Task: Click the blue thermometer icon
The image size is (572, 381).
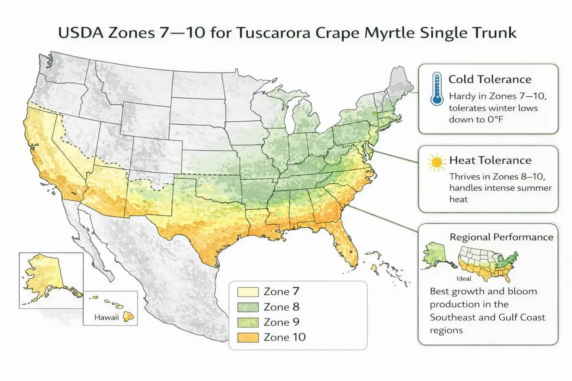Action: (x=436, y=89)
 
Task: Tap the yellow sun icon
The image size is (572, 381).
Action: (x=436, y=162)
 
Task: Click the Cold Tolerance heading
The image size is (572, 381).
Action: (x=490, y=79)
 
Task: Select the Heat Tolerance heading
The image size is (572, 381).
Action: (x=490, y=160)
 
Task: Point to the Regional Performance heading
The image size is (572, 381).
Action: (x=501, y=237)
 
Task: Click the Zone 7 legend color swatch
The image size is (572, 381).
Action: (x=248, y=292)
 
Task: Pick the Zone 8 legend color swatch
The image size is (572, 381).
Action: (x=248, y=307)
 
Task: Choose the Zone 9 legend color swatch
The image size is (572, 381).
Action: (x=248, y=322)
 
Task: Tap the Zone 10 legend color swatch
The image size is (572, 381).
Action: (x=248, y=337)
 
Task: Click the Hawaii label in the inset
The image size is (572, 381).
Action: (x=107, y=317)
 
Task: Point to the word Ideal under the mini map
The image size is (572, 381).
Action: (x=464, y=278)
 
